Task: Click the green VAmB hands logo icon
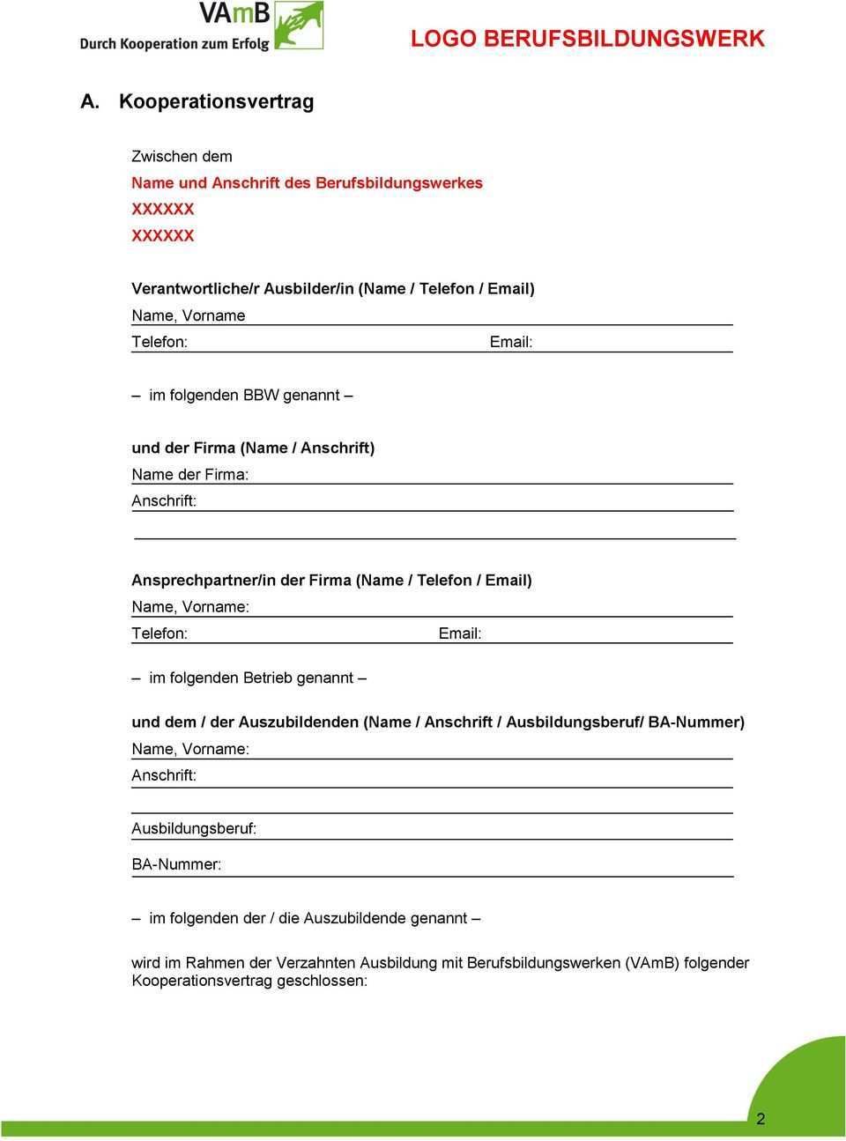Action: coord(299,26)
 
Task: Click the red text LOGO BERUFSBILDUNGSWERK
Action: coord(587,39)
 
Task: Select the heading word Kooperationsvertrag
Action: coord(216,101)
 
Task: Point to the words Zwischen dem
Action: coord(182,157)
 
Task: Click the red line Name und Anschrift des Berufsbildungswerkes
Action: coord(307,183)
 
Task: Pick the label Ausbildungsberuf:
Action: coord(194,829)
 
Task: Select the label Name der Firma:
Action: coord(189,475)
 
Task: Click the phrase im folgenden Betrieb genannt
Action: coord(250,678)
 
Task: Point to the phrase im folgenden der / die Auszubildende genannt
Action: coord(308,918)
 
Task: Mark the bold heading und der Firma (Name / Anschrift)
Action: coord(253,448)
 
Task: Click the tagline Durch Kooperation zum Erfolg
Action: coord(174,43)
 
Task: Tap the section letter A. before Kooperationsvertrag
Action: coord(89,102)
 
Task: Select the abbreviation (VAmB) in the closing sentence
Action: coord(652,963)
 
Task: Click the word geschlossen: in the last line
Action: coord(322,981)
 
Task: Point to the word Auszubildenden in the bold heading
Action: coord(299,722)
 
